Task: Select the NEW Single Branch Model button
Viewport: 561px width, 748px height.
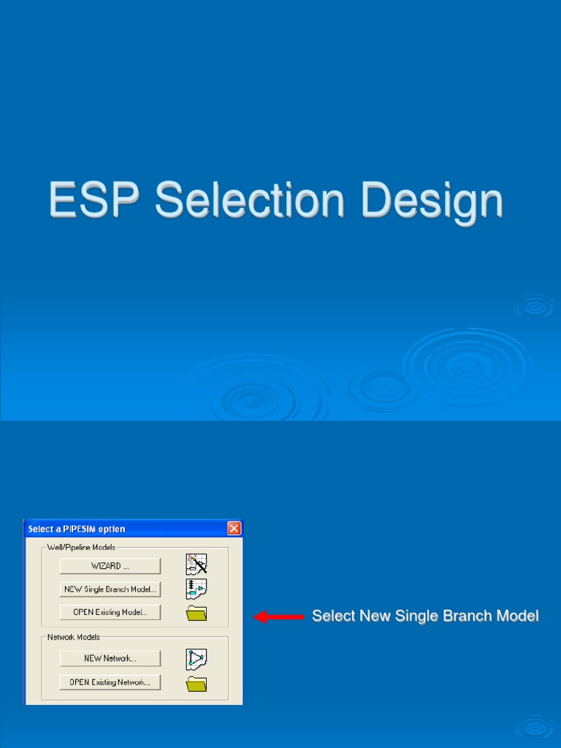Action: tap(110, 589)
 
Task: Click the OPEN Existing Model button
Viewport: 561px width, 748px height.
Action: tap(110, 612)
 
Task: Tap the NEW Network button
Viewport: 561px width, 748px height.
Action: tap(110, 658)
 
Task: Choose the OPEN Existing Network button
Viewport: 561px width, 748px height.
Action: tap(110, 682)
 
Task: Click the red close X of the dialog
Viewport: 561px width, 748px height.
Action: tap(234, 528)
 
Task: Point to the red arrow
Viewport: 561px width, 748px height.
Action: tap(278, 617)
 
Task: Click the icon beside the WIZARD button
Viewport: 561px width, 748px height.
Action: tap(196, 565)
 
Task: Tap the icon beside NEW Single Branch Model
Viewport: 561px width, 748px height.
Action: tap(196, 589)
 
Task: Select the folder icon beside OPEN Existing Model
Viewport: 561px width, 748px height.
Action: tap(196, 613)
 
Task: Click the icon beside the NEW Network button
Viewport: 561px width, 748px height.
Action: tap(196, 659)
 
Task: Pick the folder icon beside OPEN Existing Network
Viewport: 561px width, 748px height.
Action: tap(196, 684)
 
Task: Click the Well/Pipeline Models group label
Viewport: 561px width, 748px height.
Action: tap(81, 547)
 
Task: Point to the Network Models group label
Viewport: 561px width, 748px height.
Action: tap(74, 637)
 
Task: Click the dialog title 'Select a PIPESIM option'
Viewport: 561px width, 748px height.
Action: tap(77, 529)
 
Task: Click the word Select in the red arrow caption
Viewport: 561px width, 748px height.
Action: tap(332, 616)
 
